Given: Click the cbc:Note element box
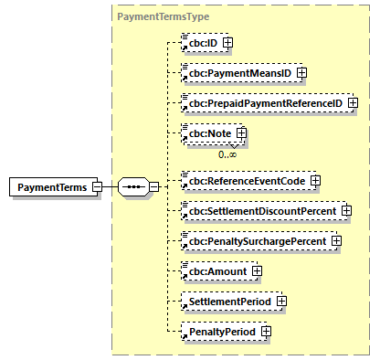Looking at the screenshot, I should pyautogui.click(x=209, y=133).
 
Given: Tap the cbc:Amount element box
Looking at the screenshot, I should pyautogui.click(x=216, y=270).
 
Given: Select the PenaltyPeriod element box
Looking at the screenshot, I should pyautogui.click(x=219, y=331).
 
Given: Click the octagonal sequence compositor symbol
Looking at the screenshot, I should pyautogui.click(x=133, y=187).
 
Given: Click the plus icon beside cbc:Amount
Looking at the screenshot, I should pyautogui.click(x=257, y=270).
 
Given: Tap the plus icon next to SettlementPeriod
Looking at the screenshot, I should pyautogui.click(x=282, y=301).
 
